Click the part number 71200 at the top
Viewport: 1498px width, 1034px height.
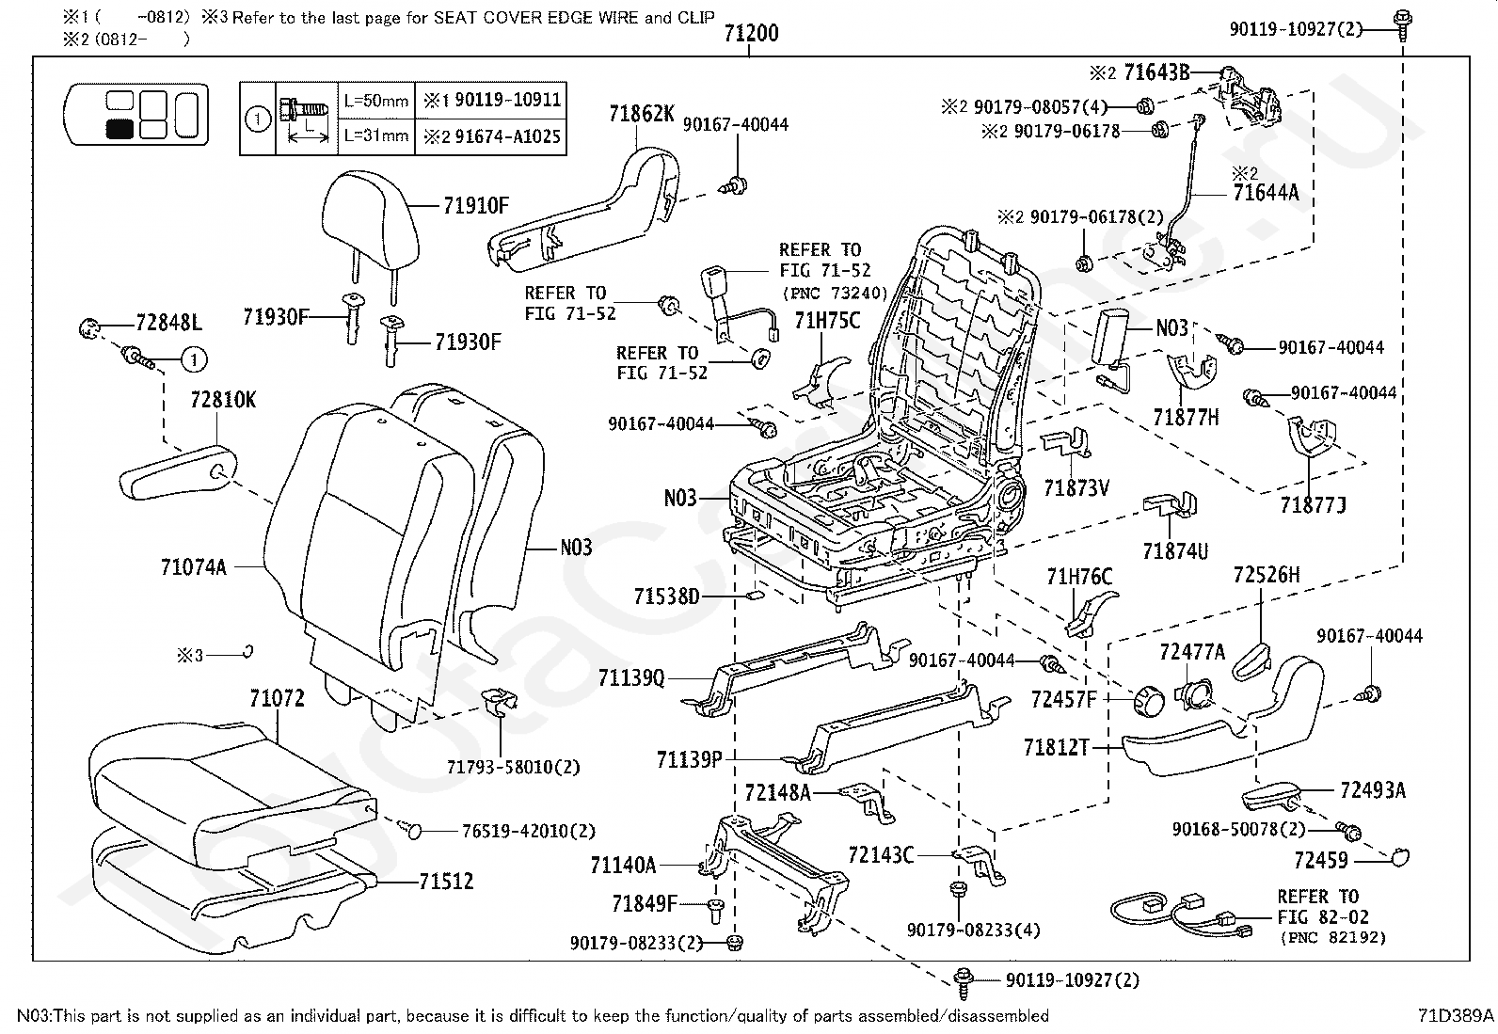[751, 33]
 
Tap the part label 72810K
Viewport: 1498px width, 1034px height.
[223, 400]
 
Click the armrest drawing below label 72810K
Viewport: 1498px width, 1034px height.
[178, 472]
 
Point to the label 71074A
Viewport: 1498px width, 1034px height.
[193, 567]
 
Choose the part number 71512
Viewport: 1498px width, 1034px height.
[446, 882]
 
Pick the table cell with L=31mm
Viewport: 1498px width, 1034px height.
[375, 136]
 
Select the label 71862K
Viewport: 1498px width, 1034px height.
[642, 114]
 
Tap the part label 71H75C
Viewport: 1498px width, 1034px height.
[827, 321]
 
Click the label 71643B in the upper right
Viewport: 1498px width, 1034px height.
[1157, 72]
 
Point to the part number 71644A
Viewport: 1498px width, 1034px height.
[1266, 193]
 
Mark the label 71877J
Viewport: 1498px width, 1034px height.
[1313, 505]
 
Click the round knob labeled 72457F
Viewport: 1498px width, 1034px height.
[1149, 701]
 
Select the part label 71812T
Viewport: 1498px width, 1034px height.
[1057, 747]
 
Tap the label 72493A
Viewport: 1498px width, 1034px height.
[1373, 790]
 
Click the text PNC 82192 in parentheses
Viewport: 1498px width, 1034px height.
[1332, 938]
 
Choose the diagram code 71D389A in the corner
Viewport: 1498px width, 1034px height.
[1456, 1016]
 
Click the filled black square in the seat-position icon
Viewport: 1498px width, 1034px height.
[120, 128]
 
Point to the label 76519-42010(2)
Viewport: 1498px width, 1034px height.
[528, 832]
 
